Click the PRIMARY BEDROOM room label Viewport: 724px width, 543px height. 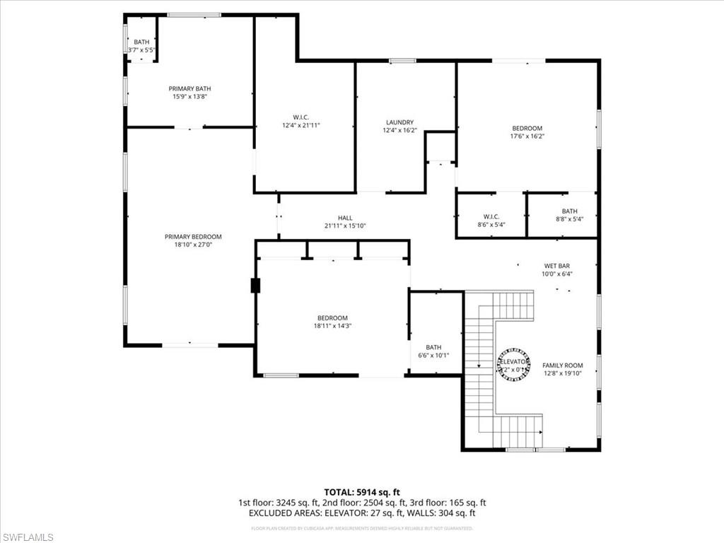[193, 237]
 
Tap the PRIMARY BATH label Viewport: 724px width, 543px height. [189, 88]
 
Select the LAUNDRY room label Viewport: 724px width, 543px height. [399, 122]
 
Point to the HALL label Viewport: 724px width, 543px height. [345, 218]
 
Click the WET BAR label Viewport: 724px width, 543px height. [556, 266]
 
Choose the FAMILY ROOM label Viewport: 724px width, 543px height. [562, 366]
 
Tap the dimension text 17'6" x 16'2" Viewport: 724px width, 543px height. [527, 136]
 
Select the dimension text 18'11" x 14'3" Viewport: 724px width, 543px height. [332, 326]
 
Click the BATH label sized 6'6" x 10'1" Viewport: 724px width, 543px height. [433, 347]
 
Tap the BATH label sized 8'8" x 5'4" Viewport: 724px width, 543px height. [569, 211]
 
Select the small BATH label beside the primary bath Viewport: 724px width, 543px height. [141, 42]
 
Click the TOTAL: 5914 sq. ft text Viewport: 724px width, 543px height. [362, 492]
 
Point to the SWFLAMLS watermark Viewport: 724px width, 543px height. [27, 538]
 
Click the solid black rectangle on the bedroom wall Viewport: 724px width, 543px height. [255, 285]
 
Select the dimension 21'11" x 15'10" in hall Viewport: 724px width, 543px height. [345, 226]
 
